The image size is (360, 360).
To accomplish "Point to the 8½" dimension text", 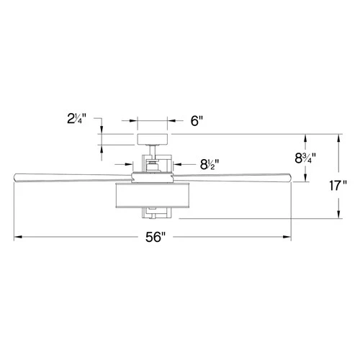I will pyautogui.click(x=210, y=164).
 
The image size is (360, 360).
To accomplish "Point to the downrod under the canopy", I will pyautogui.click(x=152, y=153).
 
